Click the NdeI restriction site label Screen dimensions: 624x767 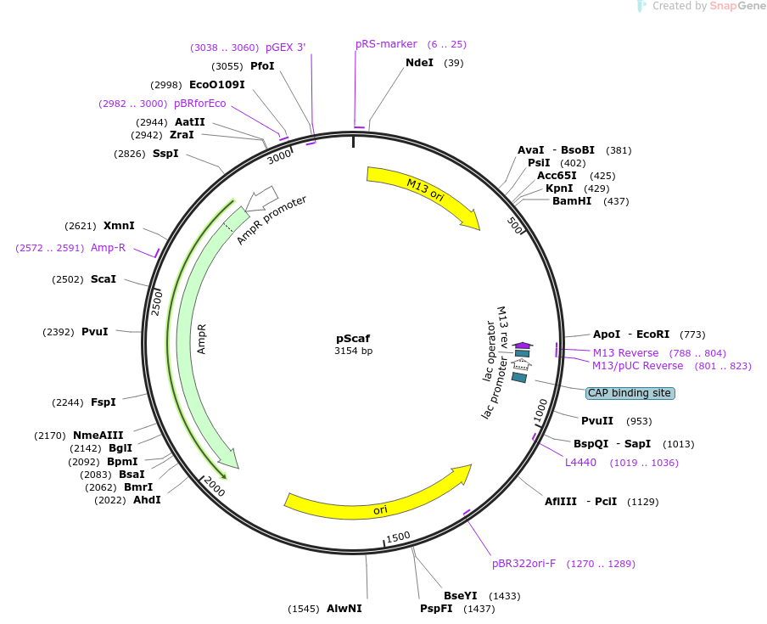pyautogui.click(x=419, y=63)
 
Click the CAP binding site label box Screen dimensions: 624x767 pyautogui.click(x=630, y=393)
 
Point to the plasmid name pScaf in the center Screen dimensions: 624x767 pyautogui.click(x=353, y=338)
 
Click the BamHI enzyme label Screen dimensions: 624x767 pyautogui.click(x=572, y=201)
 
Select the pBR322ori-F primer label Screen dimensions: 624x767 pyautogui.click(x=523, y=564)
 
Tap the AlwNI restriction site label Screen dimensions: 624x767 pyautogui.click(x=344, y=609)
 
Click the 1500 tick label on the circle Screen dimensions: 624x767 pyautogui.click(x=398, y=537)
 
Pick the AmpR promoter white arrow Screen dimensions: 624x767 pyautogui.click(x=264, y=199)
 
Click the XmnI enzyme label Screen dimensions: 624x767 pyautogui.click(x=119, y=226)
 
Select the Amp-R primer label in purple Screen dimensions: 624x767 pyautogui.click(x=108, y=248)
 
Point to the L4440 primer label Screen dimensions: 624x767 pyautogui.click(x=580, y=463)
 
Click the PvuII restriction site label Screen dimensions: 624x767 pyautogui.click(x=597, y=421)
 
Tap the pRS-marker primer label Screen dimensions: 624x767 pyautogui.click(x=386, y=44)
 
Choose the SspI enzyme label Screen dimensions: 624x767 pyautogui.click(x=165, y=154)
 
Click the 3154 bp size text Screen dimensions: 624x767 pyautogui.click(x=353, y=351)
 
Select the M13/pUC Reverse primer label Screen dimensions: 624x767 pyautogui.click(x=637, y=366)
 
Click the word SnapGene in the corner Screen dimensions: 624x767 pyautogui.click(x=737, y=6)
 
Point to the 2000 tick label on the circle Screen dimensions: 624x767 pyautogui.click(x=214, y=489)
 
